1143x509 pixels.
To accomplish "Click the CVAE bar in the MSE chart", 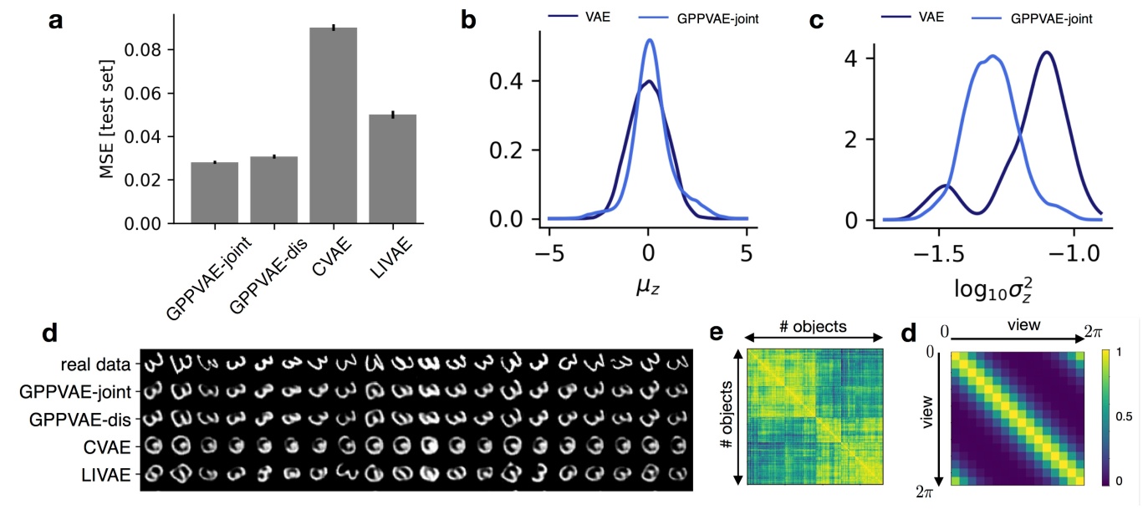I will coord(334,125).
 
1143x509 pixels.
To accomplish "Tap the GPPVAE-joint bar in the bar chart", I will coord(214,192).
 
